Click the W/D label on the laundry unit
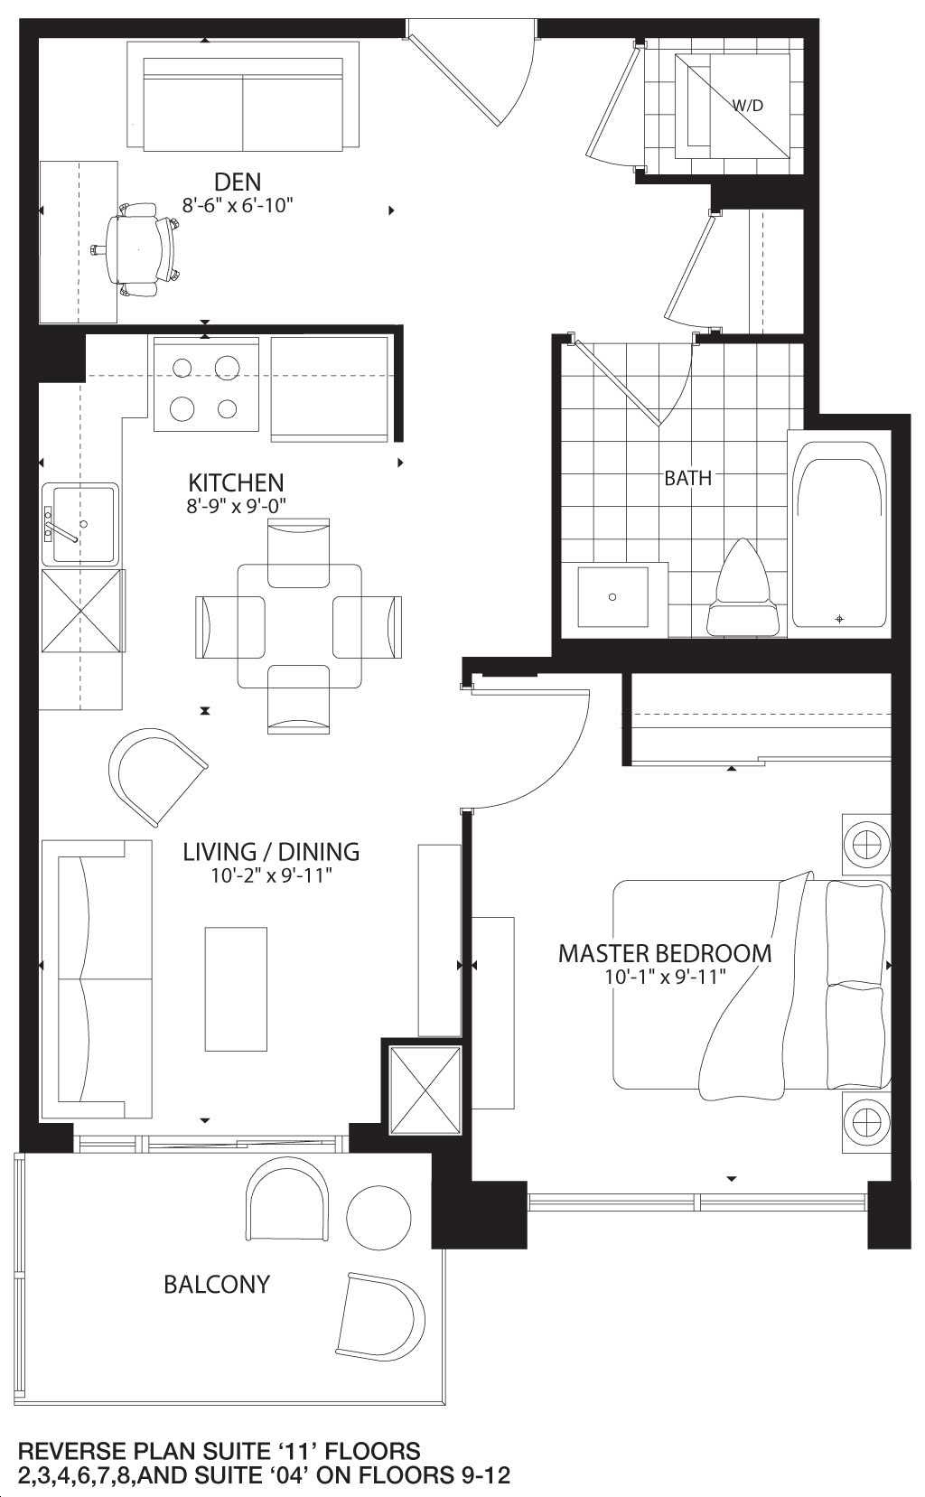(747, 105)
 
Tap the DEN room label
(238, 182)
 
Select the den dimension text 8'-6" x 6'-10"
(238, 205)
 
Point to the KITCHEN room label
(236, 482)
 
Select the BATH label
(687, 479)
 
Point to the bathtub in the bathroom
(839, 533)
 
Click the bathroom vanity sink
(612, 597)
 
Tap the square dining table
(299, 626)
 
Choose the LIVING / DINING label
(271, 852)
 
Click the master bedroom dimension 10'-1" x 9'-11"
(664, 978)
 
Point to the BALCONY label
(217, 1285)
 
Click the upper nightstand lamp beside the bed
(866, 845)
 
